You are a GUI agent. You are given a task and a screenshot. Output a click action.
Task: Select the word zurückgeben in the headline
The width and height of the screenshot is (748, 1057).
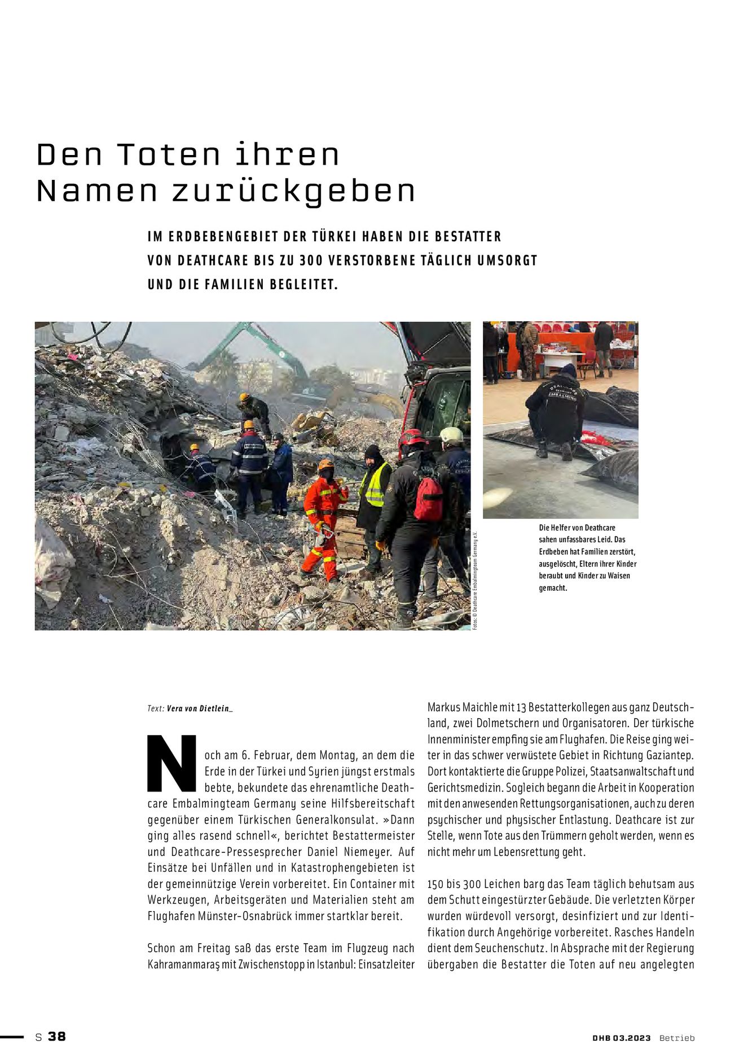point(293,192)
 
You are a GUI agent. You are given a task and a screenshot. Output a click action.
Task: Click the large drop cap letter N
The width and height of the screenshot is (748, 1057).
point(171,763)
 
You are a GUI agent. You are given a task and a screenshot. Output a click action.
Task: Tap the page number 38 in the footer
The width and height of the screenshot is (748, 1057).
point(57,1037)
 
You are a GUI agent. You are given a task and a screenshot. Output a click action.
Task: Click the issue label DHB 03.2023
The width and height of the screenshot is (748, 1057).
point(621,1038)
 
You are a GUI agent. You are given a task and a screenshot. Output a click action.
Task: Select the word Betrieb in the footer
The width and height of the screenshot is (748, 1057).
point(677,1038)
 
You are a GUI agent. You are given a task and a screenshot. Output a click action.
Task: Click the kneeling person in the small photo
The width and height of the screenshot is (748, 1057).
point(553,409)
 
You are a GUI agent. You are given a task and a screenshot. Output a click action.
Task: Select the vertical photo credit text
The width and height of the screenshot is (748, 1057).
point(476,581)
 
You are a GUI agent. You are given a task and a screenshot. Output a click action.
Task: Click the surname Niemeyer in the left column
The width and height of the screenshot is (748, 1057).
point(366,852)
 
